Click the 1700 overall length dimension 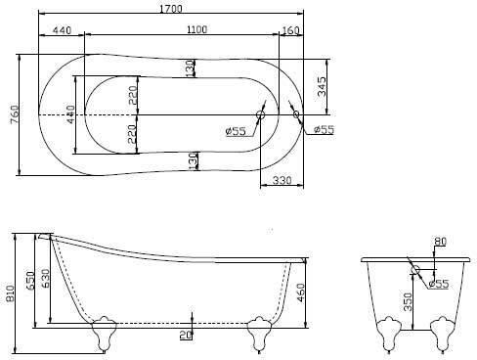click(171, 9)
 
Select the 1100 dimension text click(196, 29)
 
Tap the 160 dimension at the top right click(289, 30)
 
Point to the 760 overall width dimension click(15, 114)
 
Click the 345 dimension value click(322, 86)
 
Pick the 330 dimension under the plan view click(282, 180)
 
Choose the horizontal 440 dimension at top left click(62, 30)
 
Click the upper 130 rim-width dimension click(191, 68)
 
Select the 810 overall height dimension click(10, 295)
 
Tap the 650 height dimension click(30, 281)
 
